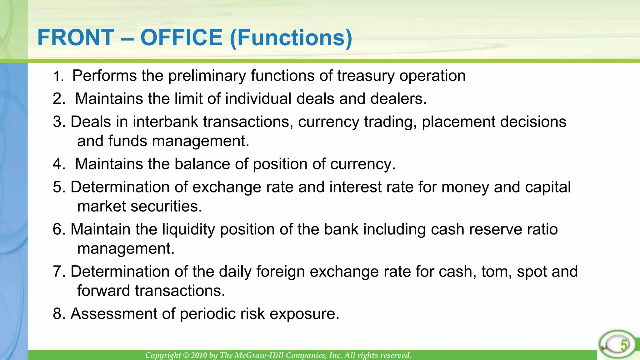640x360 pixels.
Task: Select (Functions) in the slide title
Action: [x=291, y=38]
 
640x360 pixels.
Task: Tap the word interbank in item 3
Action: [x=165, y=122]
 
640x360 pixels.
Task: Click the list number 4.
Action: [x=58, y=164]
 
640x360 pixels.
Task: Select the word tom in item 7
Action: [x=496, y=272]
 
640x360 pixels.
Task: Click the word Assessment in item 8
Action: [x=114, y=314]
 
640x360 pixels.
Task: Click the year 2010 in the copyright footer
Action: [x=199, y=355]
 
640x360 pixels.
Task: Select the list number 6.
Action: [x=58, y=229]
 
